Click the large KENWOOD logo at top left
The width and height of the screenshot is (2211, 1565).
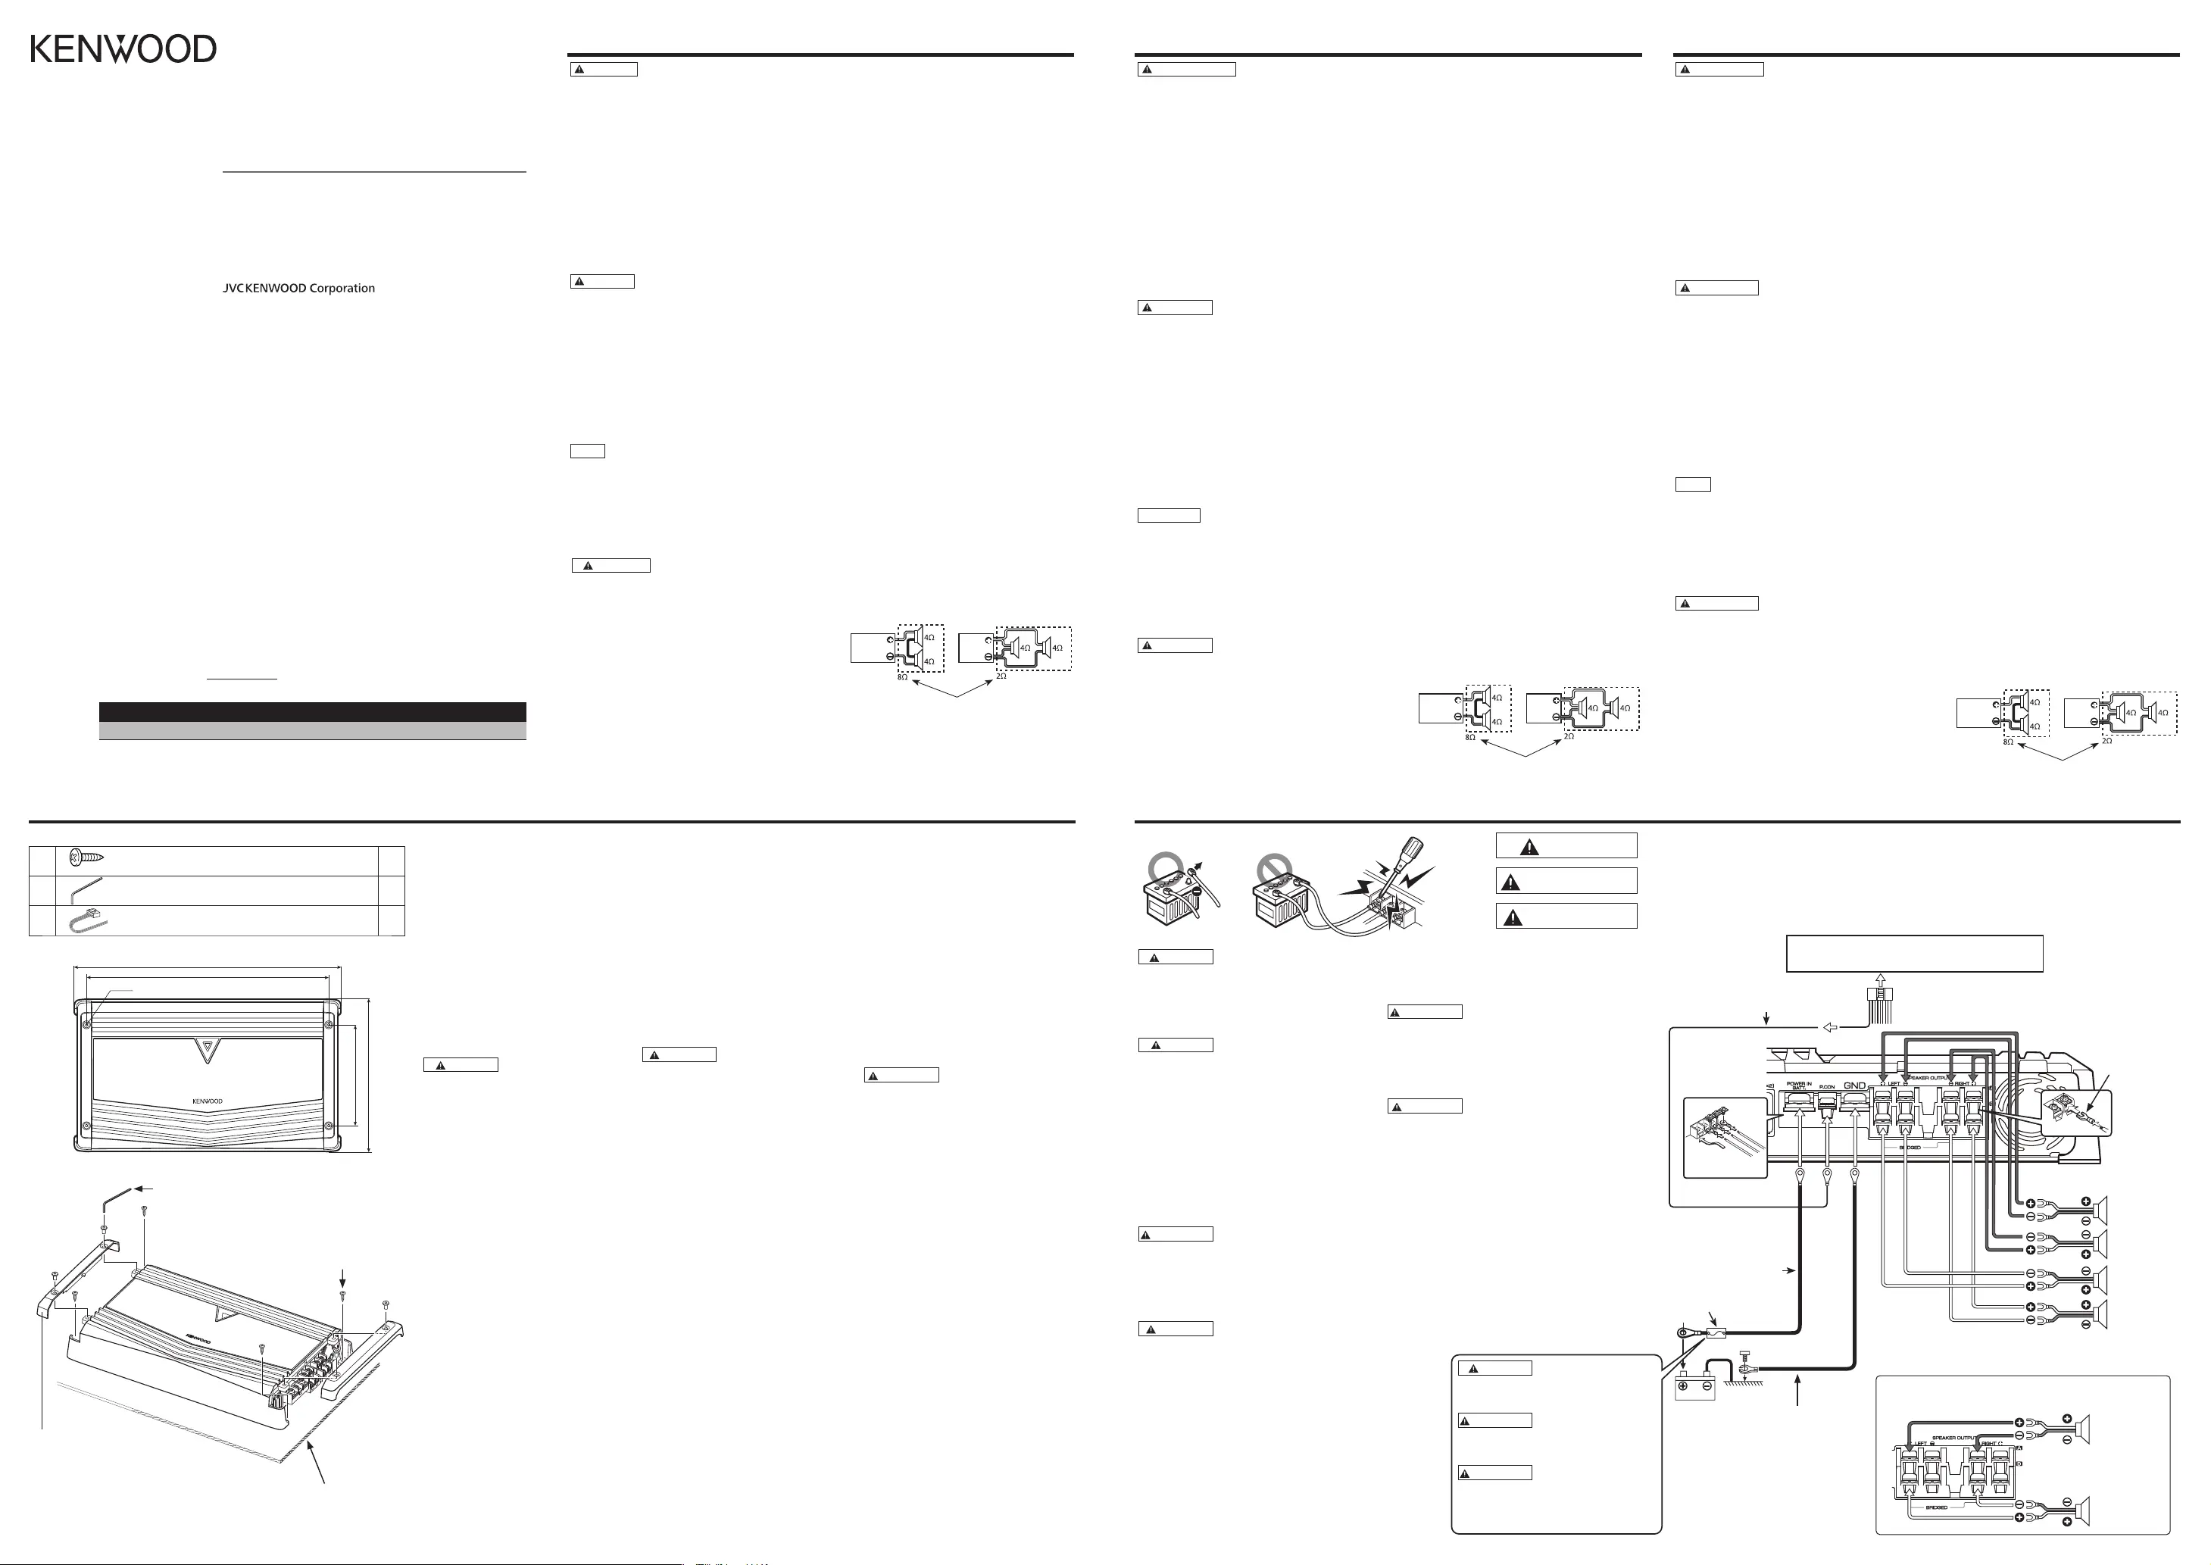[123, 49]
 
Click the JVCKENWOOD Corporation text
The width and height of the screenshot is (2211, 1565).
[298, 288]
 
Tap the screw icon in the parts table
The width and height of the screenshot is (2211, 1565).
[86, 857]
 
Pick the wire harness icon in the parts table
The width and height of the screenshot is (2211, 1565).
[86, 921]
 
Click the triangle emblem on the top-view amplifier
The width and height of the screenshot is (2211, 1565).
[206, 1048]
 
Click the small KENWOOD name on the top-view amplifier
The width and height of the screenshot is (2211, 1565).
[207, 1101]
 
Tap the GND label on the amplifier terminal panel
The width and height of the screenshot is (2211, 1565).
[1854, 1086]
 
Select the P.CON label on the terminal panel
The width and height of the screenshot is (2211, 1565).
[1827, 1087]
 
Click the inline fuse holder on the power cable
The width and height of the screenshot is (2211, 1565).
[1715, 1334]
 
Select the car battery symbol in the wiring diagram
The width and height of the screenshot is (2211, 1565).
[1694, 1389]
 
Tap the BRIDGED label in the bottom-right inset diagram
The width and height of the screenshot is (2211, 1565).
[1937, 1508]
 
